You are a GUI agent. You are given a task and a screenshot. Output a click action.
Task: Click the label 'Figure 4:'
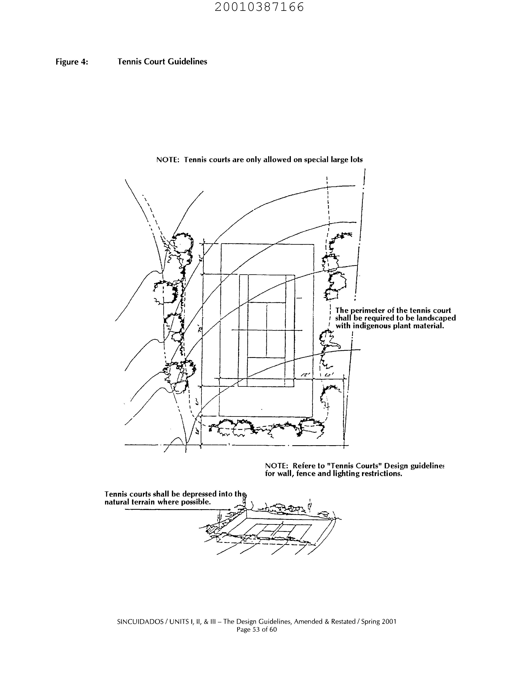72,62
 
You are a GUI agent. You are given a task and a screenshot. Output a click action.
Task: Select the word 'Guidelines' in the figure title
188,62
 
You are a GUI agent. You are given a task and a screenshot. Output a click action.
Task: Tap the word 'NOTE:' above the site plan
168,160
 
